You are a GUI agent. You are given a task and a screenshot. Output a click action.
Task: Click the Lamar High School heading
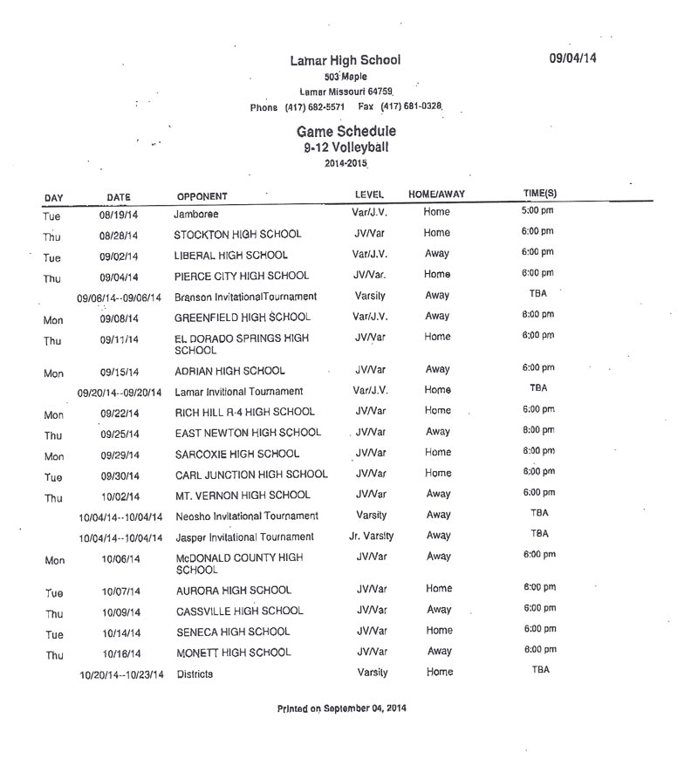pos(346,60)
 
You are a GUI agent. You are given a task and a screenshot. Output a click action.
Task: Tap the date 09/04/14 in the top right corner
pos(572,58)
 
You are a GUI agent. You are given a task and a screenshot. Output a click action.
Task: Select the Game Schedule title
pos(346,131)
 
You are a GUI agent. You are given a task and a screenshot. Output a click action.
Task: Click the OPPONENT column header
pos(202,195)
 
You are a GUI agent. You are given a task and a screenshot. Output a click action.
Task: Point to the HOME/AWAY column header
pos(437,194)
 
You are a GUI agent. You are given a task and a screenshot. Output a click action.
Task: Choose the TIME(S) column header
pos(540,193)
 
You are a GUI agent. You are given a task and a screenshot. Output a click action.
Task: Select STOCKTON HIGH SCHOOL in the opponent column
pos(237,235)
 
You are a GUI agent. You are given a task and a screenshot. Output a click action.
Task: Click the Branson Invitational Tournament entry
pos(245,297)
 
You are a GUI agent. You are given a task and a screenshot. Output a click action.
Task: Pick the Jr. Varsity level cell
pos(371,536)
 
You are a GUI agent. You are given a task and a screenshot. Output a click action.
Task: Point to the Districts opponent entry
pos(195,674)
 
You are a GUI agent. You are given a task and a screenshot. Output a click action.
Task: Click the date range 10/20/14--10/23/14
pos(121,674)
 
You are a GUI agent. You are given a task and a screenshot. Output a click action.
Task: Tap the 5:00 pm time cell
pos(537,210)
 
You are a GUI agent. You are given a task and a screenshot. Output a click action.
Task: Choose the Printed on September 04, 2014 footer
pos(341,708)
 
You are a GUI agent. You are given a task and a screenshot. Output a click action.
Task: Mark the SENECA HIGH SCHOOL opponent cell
pos(231,632)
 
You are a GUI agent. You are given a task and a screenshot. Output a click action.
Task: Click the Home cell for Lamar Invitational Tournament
pos(438,390)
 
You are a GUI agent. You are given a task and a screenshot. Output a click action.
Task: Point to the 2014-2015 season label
pos(346,163)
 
